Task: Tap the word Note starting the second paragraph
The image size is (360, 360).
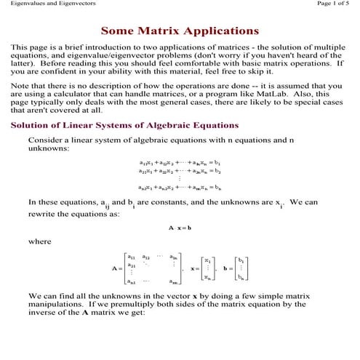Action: click(21, 84)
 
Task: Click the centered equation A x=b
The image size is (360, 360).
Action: click(180, 228)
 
